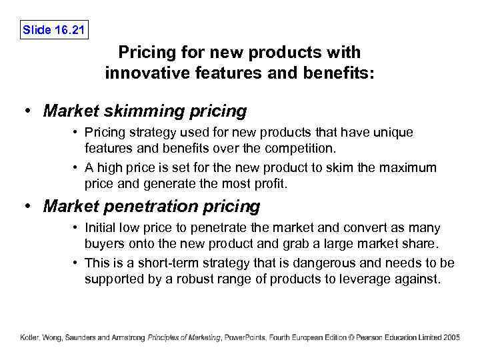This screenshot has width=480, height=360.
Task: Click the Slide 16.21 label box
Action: [x=55, y=30]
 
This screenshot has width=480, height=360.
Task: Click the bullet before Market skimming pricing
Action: [x=29, y=111]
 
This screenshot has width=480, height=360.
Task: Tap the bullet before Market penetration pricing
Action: [x=29, y=207]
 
